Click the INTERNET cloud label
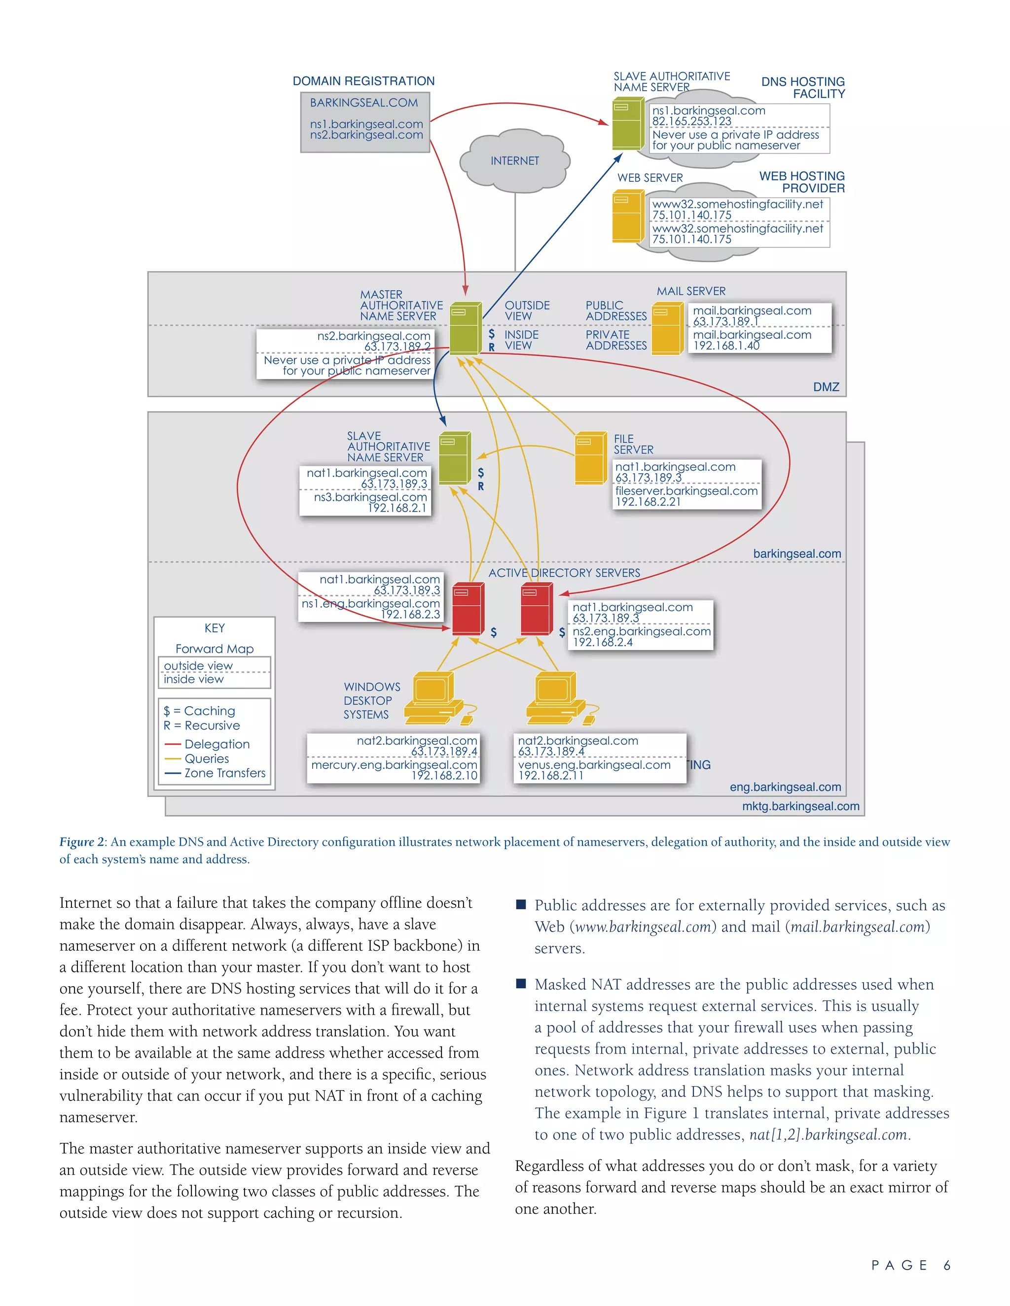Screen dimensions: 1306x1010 point(514,161)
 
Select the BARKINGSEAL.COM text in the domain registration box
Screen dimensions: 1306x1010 point(364,103)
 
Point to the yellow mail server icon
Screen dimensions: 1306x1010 point(667,329)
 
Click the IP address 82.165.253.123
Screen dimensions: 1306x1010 point(692,121)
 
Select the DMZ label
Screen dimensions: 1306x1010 point(826,387)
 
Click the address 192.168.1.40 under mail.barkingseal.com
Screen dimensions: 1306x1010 point(726,345)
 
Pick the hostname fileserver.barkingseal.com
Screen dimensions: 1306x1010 point(686,491)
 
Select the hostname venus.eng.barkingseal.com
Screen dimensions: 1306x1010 point(594,765)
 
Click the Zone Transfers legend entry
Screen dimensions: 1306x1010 point(224,773)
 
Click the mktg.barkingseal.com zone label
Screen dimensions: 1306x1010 point(800,806)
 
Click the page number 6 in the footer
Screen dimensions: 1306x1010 point(946,1265)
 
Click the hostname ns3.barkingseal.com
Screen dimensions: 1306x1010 point(370,497)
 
